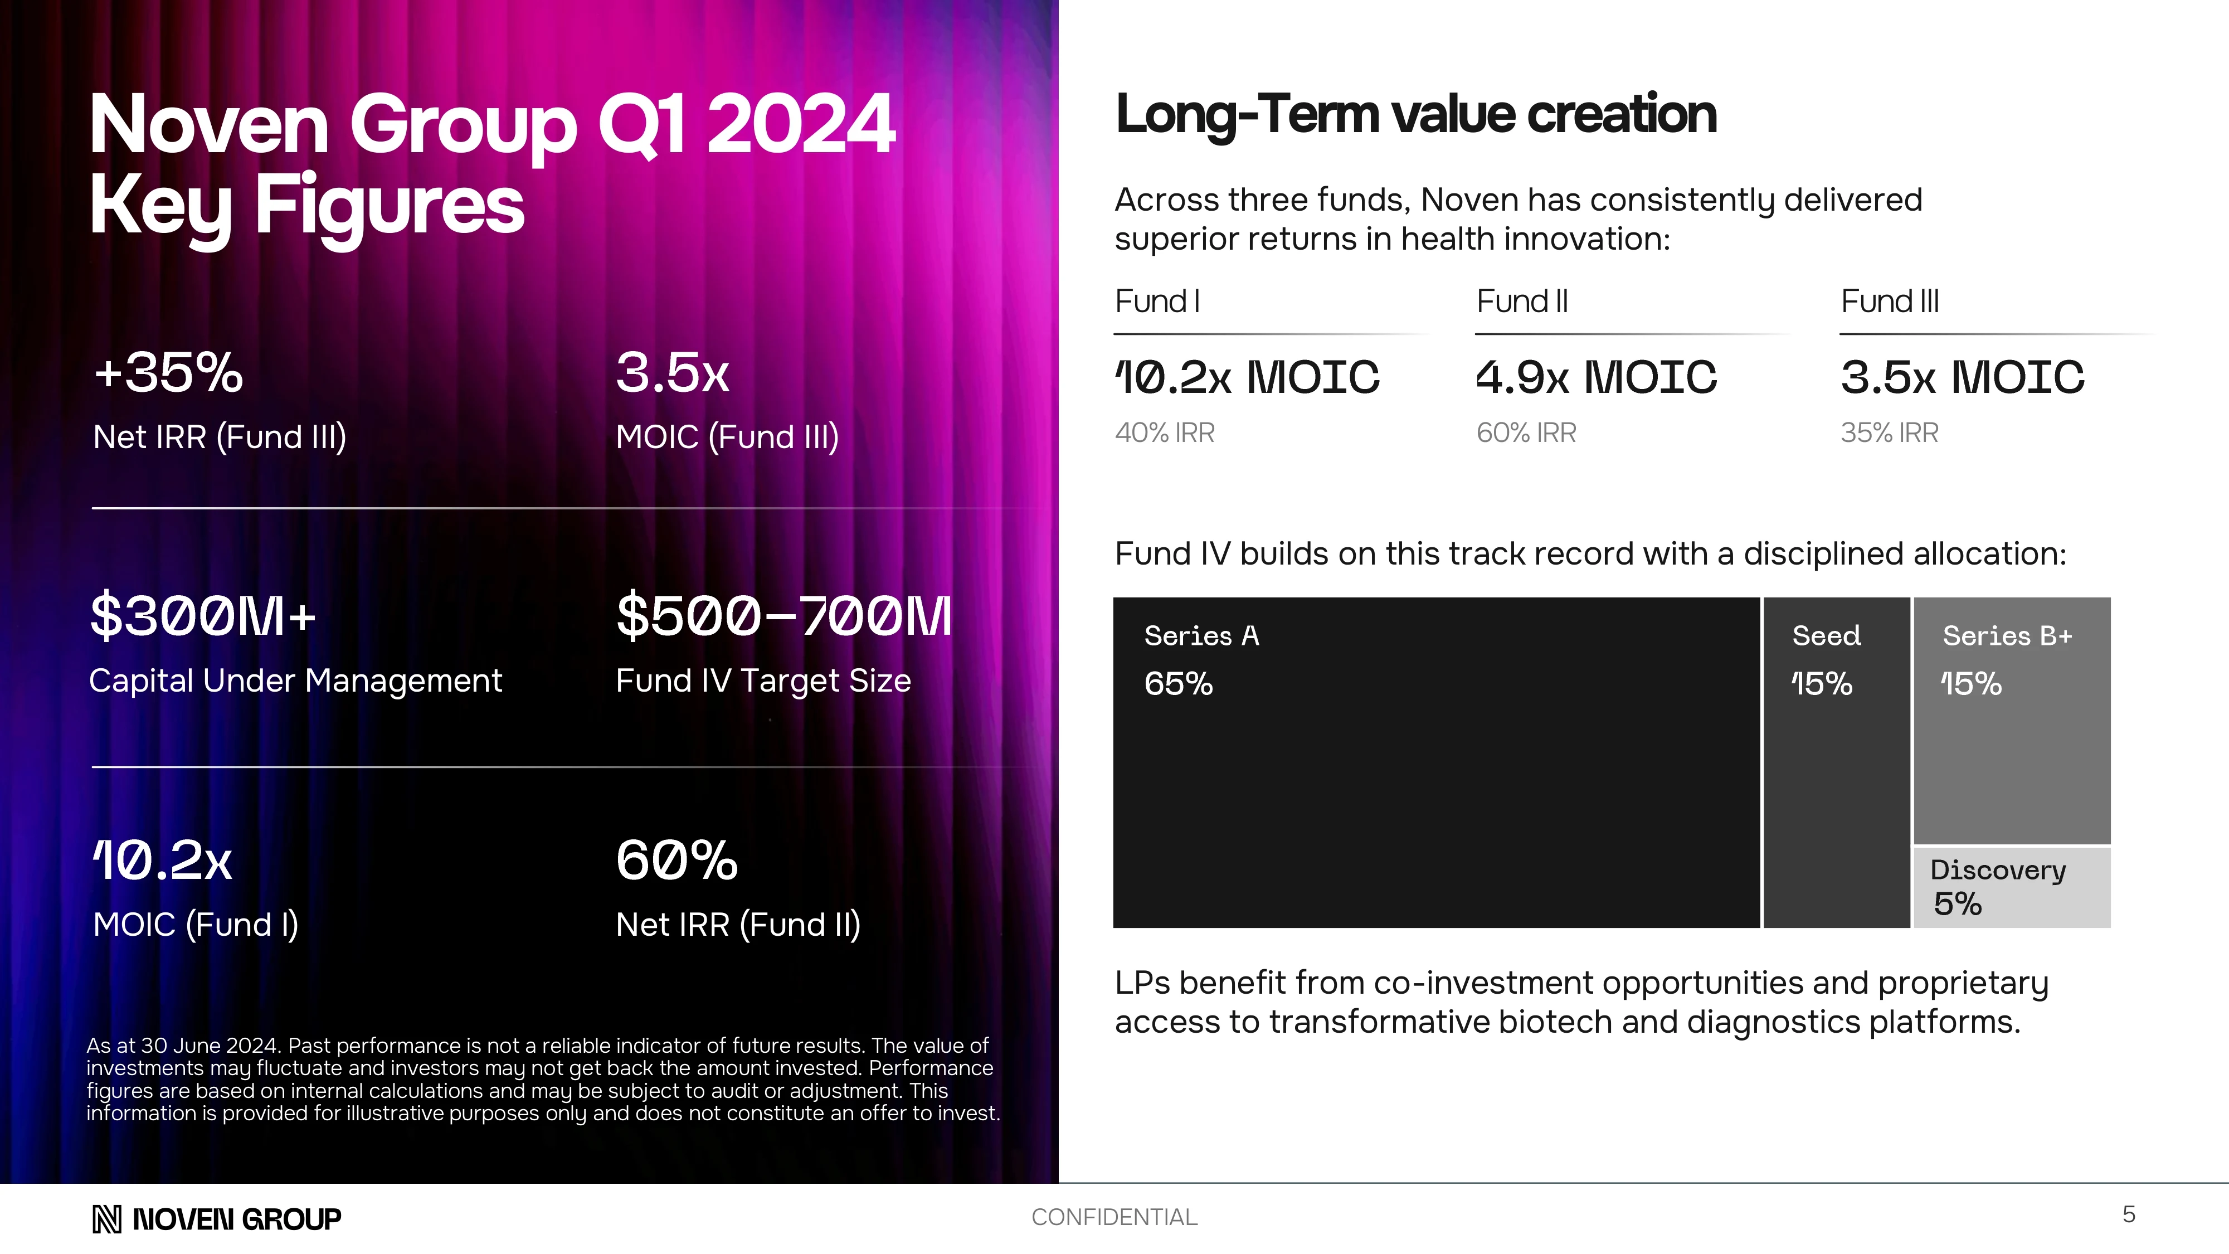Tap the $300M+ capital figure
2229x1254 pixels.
[203, 616]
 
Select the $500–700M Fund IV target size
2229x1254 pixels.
[783, 616]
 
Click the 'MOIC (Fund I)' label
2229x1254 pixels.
[196, 924]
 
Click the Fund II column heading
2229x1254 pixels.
[1521, 301]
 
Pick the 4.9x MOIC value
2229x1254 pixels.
[1595, 377]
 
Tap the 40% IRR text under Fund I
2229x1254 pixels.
[1165, 432]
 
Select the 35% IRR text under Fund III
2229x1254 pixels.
[1889, 432]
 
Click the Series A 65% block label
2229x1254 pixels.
[1201, 659]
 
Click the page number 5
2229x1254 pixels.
[2129, 1214]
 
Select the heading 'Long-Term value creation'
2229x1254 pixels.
[1415, 114]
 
